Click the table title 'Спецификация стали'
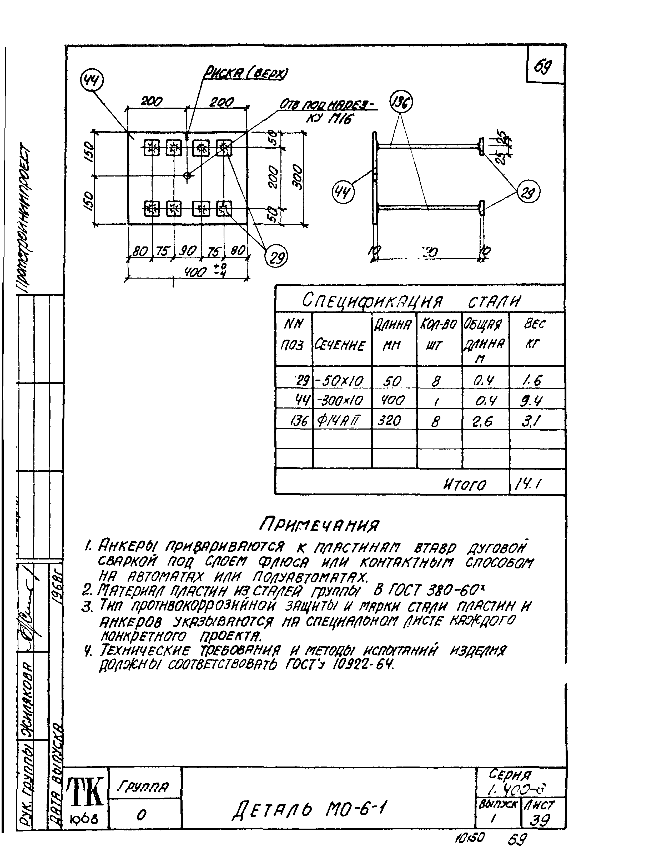pos(412,301)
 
